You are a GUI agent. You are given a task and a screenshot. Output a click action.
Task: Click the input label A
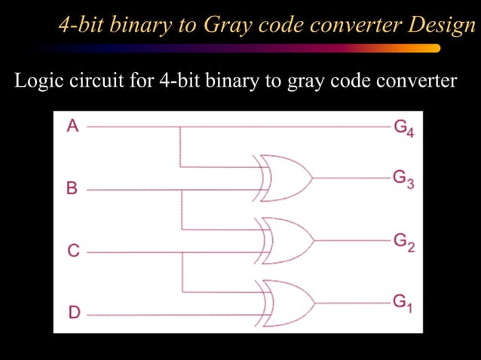[72, 126]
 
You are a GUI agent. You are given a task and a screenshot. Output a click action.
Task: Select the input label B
[72, 188]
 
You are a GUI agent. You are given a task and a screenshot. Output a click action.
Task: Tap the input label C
[73, 250]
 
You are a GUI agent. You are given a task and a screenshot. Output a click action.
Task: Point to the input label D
[73, 312]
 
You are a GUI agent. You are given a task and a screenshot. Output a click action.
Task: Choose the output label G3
[403, 179]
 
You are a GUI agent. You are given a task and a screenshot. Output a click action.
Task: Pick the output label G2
[403, 242]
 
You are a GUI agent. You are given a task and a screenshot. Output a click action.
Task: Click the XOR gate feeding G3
[283, 178]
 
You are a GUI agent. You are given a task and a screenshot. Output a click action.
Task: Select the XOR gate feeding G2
[283, 240]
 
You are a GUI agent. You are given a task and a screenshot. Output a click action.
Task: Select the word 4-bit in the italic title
[81, 26]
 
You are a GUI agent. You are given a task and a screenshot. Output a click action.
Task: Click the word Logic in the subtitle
[36, 80]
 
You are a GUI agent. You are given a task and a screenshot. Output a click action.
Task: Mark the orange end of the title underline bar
[430, 48]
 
